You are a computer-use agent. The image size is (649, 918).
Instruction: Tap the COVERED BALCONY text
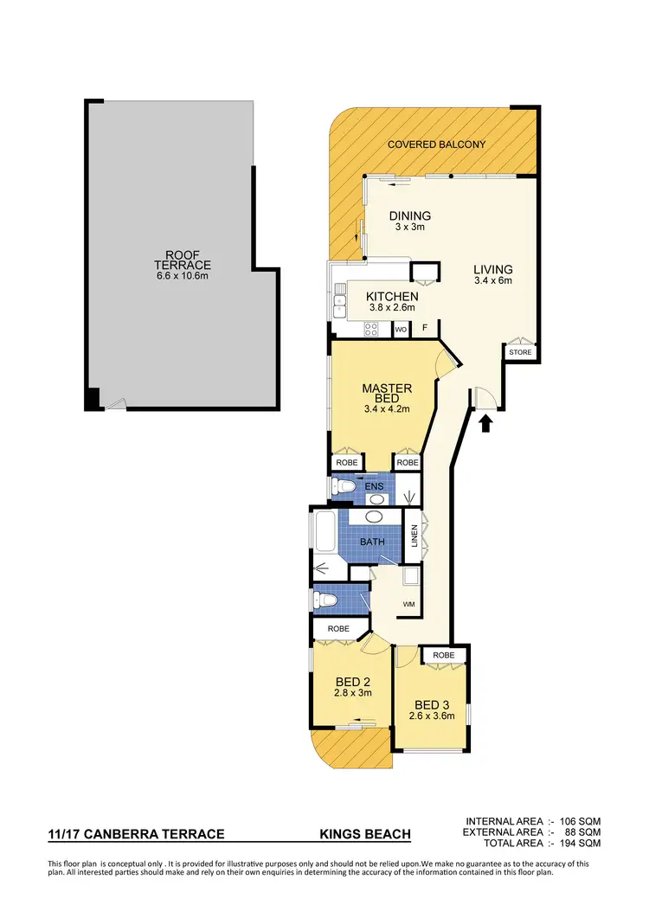click(x=436, y=144)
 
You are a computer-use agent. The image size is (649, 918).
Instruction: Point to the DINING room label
click(x=410, y=216)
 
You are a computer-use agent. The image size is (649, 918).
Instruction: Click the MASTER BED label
click(x=387, y=394)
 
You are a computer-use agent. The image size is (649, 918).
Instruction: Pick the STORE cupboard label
click(x=520, y=352)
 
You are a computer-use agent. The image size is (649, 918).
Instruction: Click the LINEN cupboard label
click(x=415, y=536)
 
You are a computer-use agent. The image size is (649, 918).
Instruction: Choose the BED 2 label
click(x=352, y=683)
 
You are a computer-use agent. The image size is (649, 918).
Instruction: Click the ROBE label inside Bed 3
click(x=443, y=656)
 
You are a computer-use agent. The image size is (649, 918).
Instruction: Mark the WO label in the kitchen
click(x=401, y=330)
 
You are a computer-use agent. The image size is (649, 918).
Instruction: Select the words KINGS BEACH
click(x=365, y=834)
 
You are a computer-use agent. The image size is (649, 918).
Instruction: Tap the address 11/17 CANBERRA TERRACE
click(x=137, y=834)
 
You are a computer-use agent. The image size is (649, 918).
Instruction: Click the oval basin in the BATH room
click(x=375, y=517)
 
